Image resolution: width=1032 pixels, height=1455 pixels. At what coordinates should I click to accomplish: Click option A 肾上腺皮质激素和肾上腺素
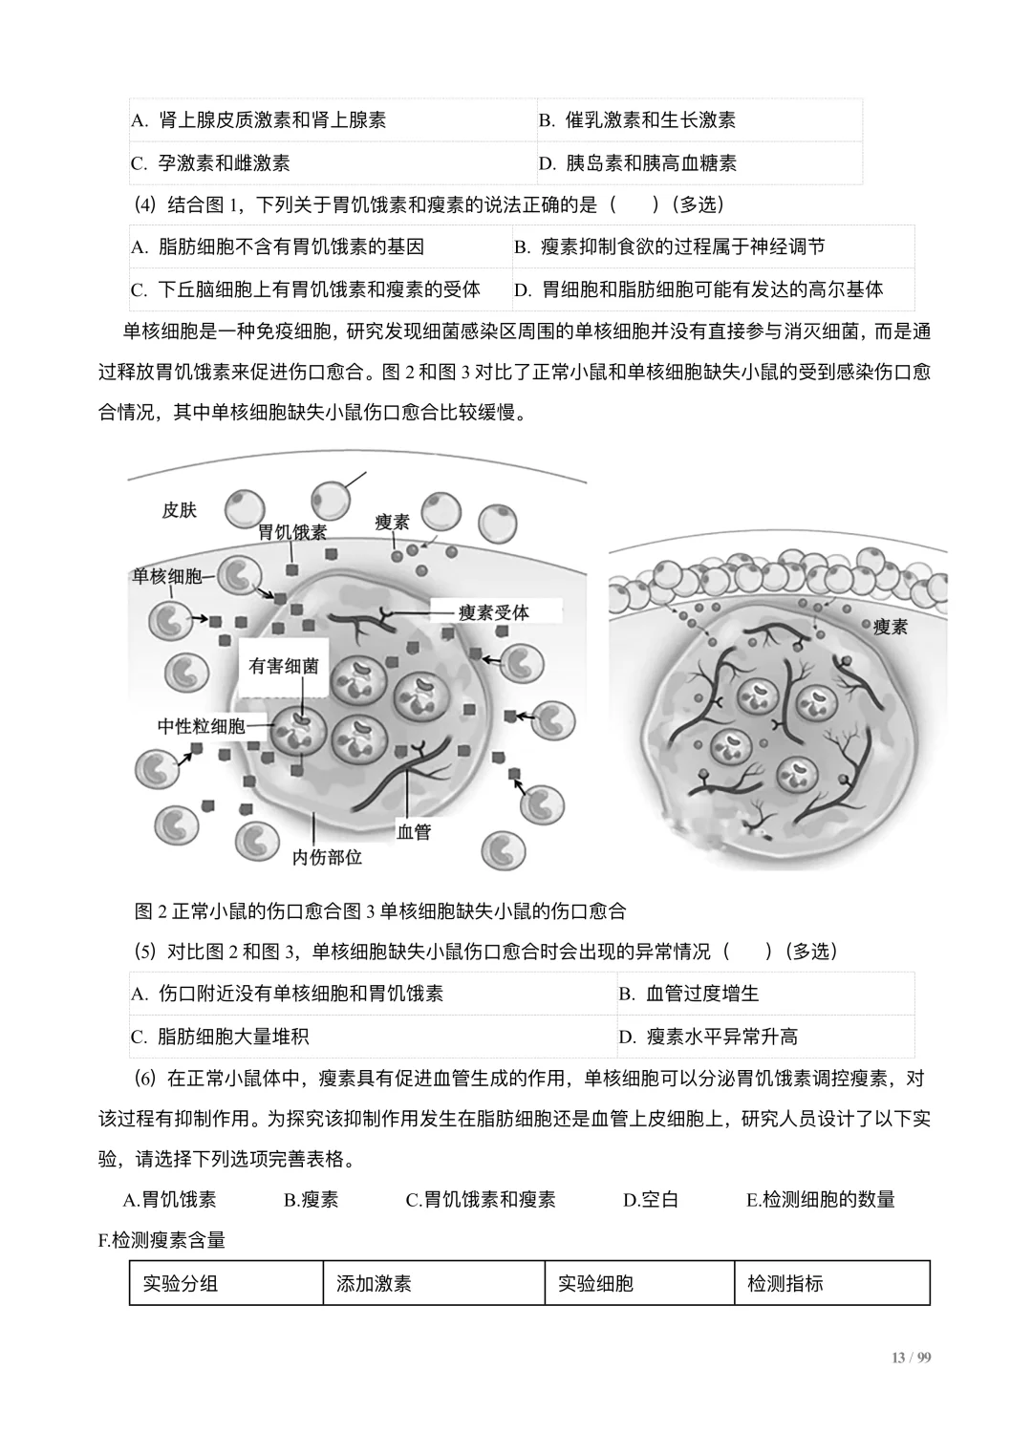[x=258, y=120]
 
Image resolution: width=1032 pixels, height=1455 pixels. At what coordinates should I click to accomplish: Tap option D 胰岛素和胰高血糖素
[x=637, y=163]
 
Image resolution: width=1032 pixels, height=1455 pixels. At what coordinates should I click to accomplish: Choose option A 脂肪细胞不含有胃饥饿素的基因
[x=277, y=247]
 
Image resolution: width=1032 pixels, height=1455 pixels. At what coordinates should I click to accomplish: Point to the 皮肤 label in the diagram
[x=179, y=510]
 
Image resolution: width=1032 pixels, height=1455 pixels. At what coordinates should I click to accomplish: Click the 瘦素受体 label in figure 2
[x=493, y=612]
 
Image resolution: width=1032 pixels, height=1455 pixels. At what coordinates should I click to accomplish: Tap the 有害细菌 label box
[x=284, y=666]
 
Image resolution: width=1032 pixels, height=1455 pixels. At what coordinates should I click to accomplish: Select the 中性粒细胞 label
[x=201, y=726]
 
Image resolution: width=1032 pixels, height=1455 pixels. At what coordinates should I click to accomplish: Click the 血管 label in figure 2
[x=414, y=831]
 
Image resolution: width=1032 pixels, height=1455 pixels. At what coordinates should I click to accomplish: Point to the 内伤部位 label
[x=327, y=857]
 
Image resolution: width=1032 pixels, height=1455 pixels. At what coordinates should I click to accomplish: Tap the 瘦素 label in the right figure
[x=891, y=627]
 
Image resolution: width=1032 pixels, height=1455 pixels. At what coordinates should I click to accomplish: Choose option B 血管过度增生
[x=689, y=994]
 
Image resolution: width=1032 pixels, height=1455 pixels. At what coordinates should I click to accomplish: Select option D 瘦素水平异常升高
[x=708, y=1037]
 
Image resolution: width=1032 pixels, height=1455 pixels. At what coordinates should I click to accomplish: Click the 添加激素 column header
[x=374, y=1283]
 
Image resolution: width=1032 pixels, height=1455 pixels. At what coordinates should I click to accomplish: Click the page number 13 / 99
[x=911, y=1359]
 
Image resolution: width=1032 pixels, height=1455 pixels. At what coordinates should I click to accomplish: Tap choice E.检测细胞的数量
[x=820, y=1200]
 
